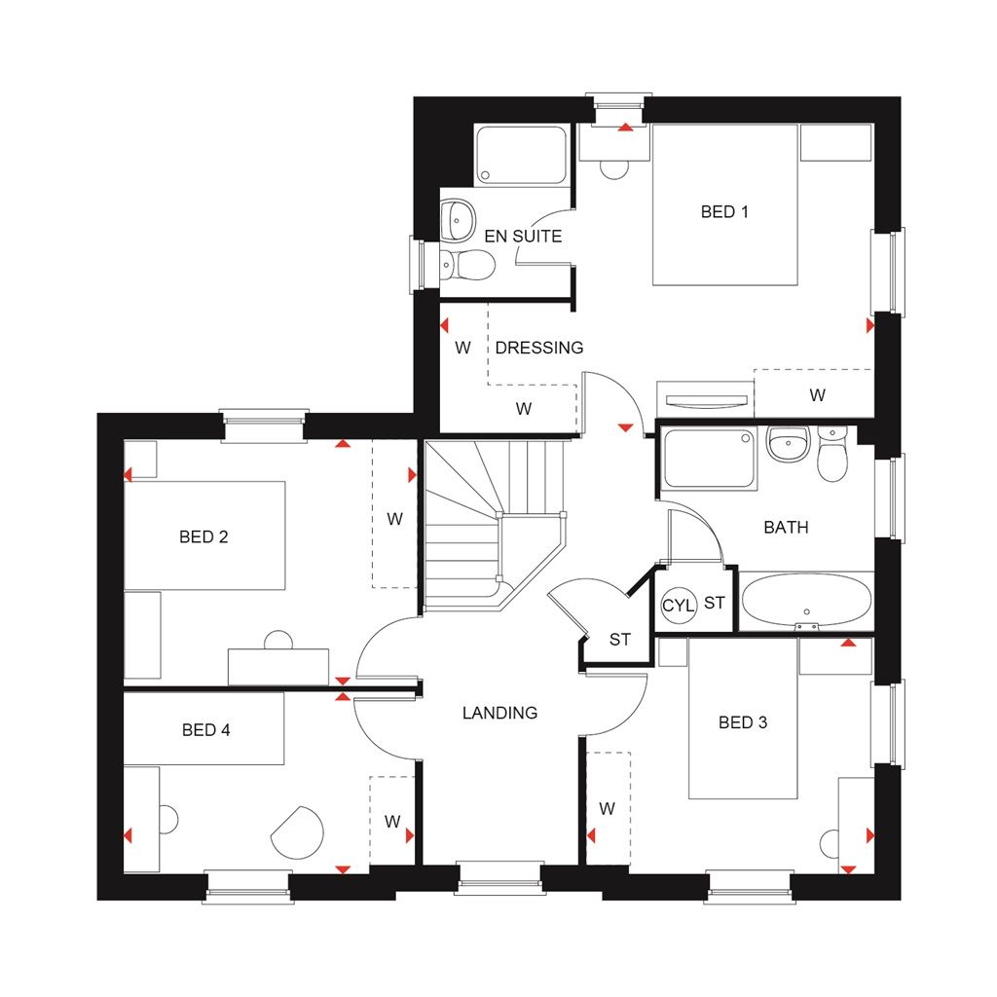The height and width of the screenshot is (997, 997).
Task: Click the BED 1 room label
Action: [724, 211]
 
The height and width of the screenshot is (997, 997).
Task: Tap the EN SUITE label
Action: [523, 236]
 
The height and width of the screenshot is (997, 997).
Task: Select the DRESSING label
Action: [539, 348]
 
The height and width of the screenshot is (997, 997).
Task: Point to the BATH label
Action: [786, 528]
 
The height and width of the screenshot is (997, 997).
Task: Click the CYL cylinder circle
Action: [677, 605]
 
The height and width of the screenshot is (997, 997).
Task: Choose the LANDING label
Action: [499, 713]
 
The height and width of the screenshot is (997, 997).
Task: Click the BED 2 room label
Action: [203, 536]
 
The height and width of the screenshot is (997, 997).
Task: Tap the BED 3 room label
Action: [743, 722]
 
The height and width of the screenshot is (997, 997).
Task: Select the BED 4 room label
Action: [205, 729]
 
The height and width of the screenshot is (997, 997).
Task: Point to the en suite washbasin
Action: [455, 219]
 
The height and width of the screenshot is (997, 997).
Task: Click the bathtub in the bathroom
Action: [805, 601]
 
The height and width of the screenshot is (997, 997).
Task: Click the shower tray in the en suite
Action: [521, 154]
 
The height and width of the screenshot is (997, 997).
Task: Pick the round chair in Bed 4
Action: [298, 833]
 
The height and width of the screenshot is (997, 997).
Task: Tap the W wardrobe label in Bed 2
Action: [394, 519]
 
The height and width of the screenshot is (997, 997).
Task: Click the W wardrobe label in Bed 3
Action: [608, 808]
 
